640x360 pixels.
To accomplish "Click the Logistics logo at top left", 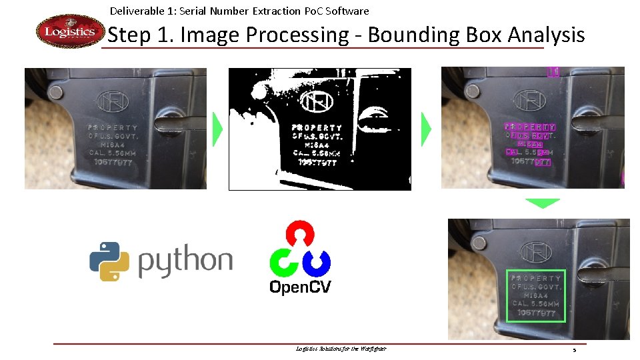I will click(x=70, y=31).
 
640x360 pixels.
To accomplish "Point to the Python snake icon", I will click(x=109, y=261).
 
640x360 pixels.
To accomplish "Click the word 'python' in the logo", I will click(x=185, y=261).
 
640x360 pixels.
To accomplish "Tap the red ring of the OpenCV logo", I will click(x=299, y=234).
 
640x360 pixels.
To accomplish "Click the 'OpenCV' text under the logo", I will click(x=299, y=287).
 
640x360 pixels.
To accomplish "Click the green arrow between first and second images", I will click(x=217, y=129).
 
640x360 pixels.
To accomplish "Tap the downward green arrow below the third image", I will click(x=542, y=203).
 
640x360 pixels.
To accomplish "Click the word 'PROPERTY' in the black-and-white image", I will click(x=317, y=127).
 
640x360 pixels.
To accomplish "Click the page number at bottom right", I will click(x=573, y=350).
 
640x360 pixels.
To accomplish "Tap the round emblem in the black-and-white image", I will click(x=316, y=101).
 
